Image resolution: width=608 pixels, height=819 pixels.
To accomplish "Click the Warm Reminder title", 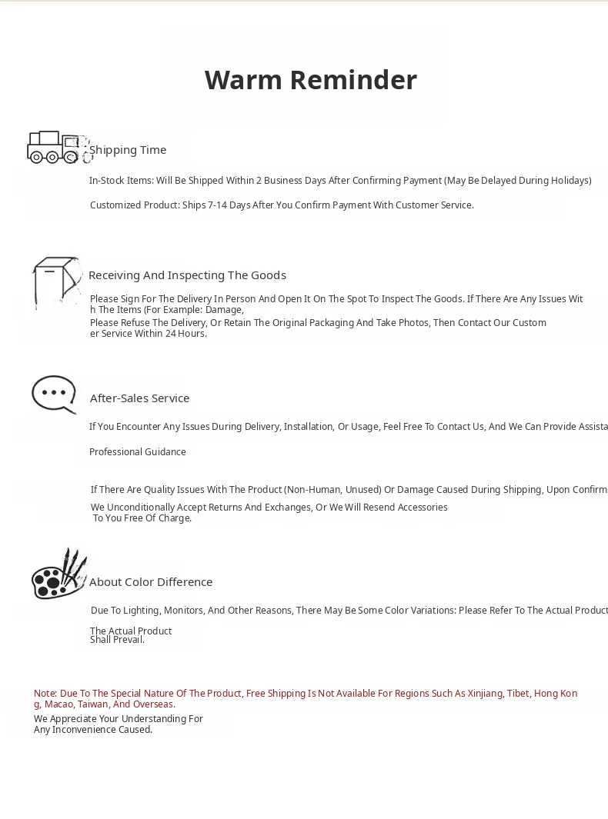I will [x=311, y=80].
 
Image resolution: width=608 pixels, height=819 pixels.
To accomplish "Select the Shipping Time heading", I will [x=128, y=150].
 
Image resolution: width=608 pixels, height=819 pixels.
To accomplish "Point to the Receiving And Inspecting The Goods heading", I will [x=187, y=275].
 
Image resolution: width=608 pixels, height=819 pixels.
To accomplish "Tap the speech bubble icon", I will [x=54, y=395].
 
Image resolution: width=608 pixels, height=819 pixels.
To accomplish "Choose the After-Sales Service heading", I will [x=139, y=398].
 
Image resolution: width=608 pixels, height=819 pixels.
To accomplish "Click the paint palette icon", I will [x=58, y=574].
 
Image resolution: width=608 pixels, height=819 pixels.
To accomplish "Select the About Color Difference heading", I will [x=151, y=582].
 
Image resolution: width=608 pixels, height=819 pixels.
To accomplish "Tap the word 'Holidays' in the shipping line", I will [x=569, y=181].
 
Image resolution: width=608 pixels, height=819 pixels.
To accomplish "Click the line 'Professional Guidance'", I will [x=138, y=452].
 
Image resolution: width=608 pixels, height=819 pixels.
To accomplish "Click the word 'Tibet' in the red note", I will [x=518, y=694].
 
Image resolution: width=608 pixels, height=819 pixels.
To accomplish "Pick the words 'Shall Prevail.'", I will [x=117, y=640].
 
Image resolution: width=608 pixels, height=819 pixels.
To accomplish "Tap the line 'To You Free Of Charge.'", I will [x=142, y=518].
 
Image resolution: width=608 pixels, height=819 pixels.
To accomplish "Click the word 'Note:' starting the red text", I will [x=45, y=694].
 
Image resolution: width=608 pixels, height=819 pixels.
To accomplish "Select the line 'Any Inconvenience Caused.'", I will [x=93, y=730].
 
